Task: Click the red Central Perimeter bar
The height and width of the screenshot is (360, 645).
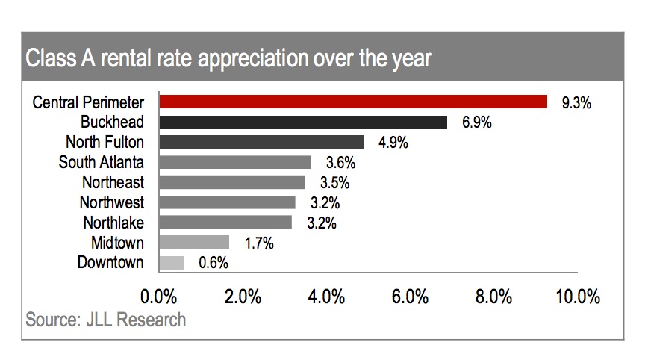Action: click(353, 102)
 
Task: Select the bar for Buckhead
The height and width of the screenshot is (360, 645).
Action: click(303, 122)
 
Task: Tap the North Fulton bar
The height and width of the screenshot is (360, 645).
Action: click(261, 142)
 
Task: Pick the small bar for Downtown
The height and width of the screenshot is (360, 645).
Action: click(172, 262)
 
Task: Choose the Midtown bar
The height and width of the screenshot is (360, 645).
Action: click(194, 242)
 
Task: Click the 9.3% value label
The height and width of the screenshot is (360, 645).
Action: click(576, 103)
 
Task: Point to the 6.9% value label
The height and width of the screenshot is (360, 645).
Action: click(476, 123)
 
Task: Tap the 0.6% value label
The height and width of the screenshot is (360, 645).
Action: click(213, 263)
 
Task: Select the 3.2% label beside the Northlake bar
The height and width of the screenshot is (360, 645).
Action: click(322, 223)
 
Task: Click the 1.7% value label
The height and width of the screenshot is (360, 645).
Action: click(258, 243)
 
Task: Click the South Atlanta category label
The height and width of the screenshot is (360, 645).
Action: click(102, 162)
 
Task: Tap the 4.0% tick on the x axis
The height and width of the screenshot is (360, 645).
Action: click(325, 297)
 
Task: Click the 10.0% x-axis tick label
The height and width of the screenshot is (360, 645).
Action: click(579, 297)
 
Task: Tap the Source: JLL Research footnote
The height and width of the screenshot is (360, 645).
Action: click(106, 320)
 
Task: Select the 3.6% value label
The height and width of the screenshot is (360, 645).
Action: click(340, 162)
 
